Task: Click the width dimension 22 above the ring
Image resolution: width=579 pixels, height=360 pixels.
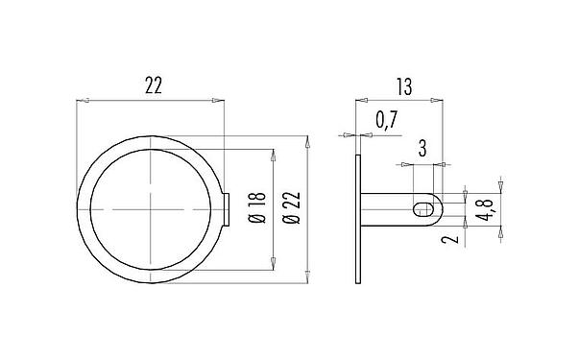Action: [x=153, y=85]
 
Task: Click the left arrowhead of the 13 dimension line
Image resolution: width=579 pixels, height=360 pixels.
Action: [x=359, y=99]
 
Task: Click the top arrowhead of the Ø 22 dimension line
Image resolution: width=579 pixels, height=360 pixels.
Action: [x=307, y=141]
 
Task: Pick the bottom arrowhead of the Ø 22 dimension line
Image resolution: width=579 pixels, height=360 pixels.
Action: [x=307, y=278]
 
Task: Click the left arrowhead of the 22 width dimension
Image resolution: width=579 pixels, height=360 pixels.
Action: [x=80, y=100]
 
